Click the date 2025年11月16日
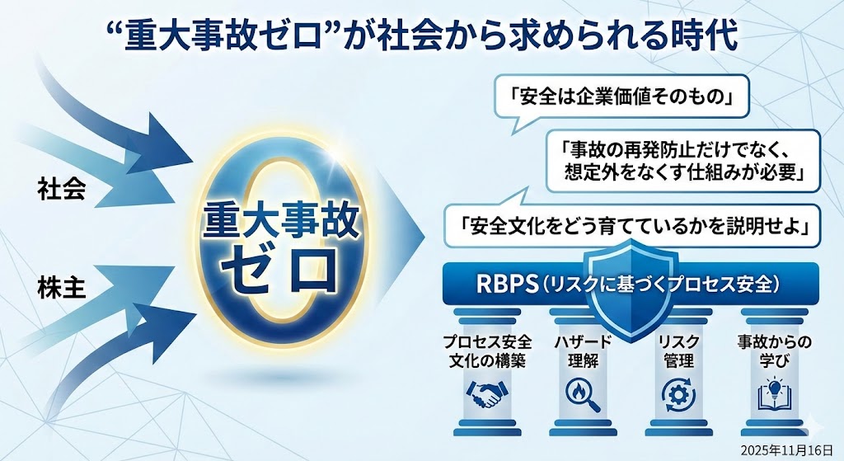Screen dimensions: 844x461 [x=786, y=449]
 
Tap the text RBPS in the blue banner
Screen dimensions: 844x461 [x=507, y=285]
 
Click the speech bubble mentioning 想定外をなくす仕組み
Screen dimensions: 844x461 [x=683, y=160]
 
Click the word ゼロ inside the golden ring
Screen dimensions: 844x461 [x=280, y=268]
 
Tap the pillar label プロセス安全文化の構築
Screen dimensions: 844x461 [x=487, y=351]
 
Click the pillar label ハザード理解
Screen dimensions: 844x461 [x=583, y=351]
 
